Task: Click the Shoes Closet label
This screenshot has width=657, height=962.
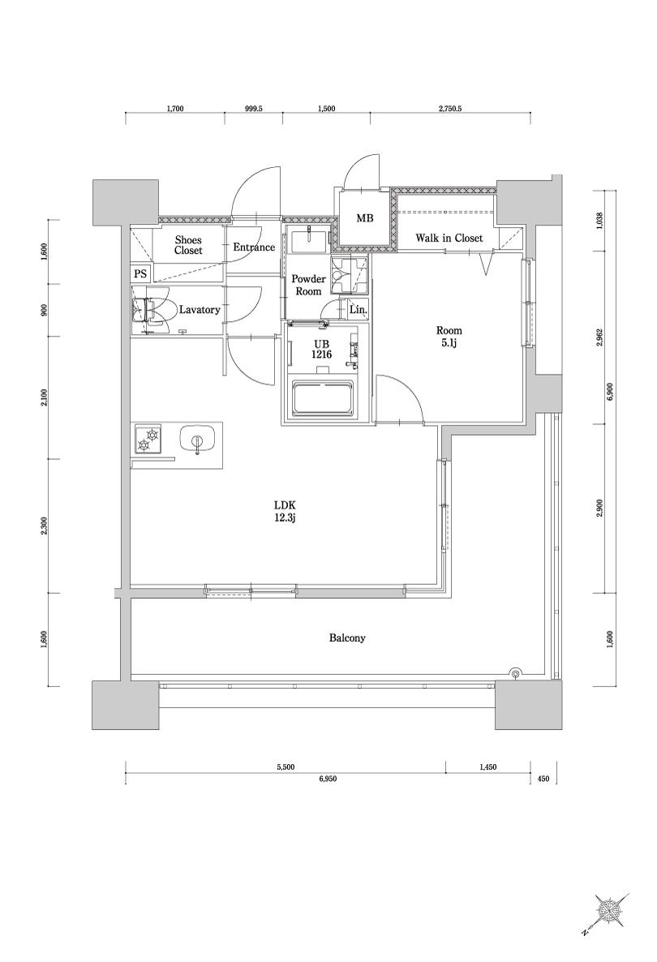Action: tap(187, 245)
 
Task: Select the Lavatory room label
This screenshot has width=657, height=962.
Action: tap(199, 310)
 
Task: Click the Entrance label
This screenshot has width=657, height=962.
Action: tap(254, 247)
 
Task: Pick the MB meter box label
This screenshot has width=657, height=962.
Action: tap(365, 218)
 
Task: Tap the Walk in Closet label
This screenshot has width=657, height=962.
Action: tap(449, 238)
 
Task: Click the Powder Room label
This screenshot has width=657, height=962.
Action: tap(308, 286)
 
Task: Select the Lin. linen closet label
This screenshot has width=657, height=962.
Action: tap(359, 311)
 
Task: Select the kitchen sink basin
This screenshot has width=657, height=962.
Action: tap(196, 440)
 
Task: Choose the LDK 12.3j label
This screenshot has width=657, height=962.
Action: tap(285, 512)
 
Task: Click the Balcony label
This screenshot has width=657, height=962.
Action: tap(347, 638)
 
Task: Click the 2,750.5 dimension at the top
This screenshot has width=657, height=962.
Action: tap(449, 110)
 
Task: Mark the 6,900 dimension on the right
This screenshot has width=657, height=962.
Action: tap(609, 390)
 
